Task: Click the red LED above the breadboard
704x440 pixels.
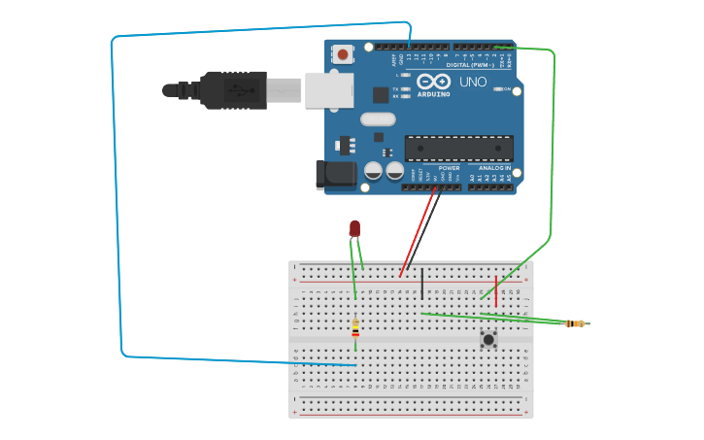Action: [x=354, y=228]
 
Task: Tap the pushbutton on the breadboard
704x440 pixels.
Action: [x=488, y=339]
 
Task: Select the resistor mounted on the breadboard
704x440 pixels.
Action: [x=355, y=327]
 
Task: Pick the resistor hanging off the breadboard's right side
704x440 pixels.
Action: [x=575, y=323]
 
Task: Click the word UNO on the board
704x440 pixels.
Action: [x=473, y=82]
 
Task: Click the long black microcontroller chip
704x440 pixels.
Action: [x=458, y=148]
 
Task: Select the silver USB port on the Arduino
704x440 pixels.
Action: [x=328, y=89]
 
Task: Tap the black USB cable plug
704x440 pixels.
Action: [x=233, y=89]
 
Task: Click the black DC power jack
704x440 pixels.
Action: [x=332, y=175]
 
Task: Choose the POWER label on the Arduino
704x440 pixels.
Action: [x=449, y=168]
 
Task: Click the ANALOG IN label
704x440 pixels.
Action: [x=492, y=168]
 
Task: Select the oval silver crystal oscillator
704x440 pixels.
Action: [x=378, y=119]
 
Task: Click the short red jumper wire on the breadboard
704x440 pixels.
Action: [x=496, y=290]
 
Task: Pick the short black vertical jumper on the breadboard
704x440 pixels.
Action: [x=421, y=283]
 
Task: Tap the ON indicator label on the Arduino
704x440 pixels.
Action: [x=507, y=89]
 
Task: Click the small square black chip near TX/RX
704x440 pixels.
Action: [x=381, y=95]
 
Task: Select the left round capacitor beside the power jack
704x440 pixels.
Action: [x=373, y=171]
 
